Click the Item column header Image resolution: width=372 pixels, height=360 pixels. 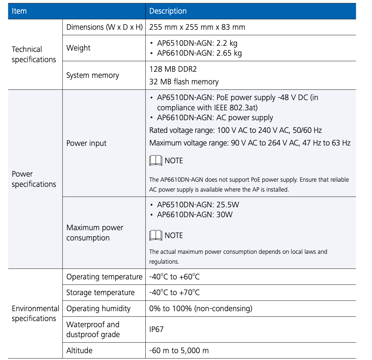click(19, 11)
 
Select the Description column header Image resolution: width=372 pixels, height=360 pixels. click(168, 11)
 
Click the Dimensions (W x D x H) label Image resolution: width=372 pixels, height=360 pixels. click(104, 27)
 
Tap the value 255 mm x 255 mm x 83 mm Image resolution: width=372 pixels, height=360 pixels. click(197, 27)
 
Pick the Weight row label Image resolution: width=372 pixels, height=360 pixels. click(78, 48)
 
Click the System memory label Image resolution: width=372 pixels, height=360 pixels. click(92, 75)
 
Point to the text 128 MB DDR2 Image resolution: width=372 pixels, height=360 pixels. click(173, 69)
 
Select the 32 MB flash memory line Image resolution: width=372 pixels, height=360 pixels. click(184, 82)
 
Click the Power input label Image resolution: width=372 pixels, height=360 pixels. click(86, 143)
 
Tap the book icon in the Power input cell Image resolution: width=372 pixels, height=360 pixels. click(156, 161)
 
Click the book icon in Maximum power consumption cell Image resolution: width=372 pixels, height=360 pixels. click(156, 235)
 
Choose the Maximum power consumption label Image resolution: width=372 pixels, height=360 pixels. click(94, 233)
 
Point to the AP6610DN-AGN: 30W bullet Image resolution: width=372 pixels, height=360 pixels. click(195, 215)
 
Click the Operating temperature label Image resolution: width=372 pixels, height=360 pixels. click(104, 277)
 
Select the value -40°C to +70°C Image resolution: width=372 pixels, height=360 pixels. click(174, 293)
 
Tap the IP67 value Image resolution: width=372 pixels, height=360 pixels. click(156, 330)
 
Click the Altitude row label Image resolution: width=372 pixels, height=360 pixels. click(79, 350)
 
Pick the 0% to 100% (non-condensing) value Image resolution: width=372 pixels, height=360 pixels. click(201, 309)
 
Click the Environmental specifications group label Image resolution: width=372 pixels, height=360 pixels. click(35, 314)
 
